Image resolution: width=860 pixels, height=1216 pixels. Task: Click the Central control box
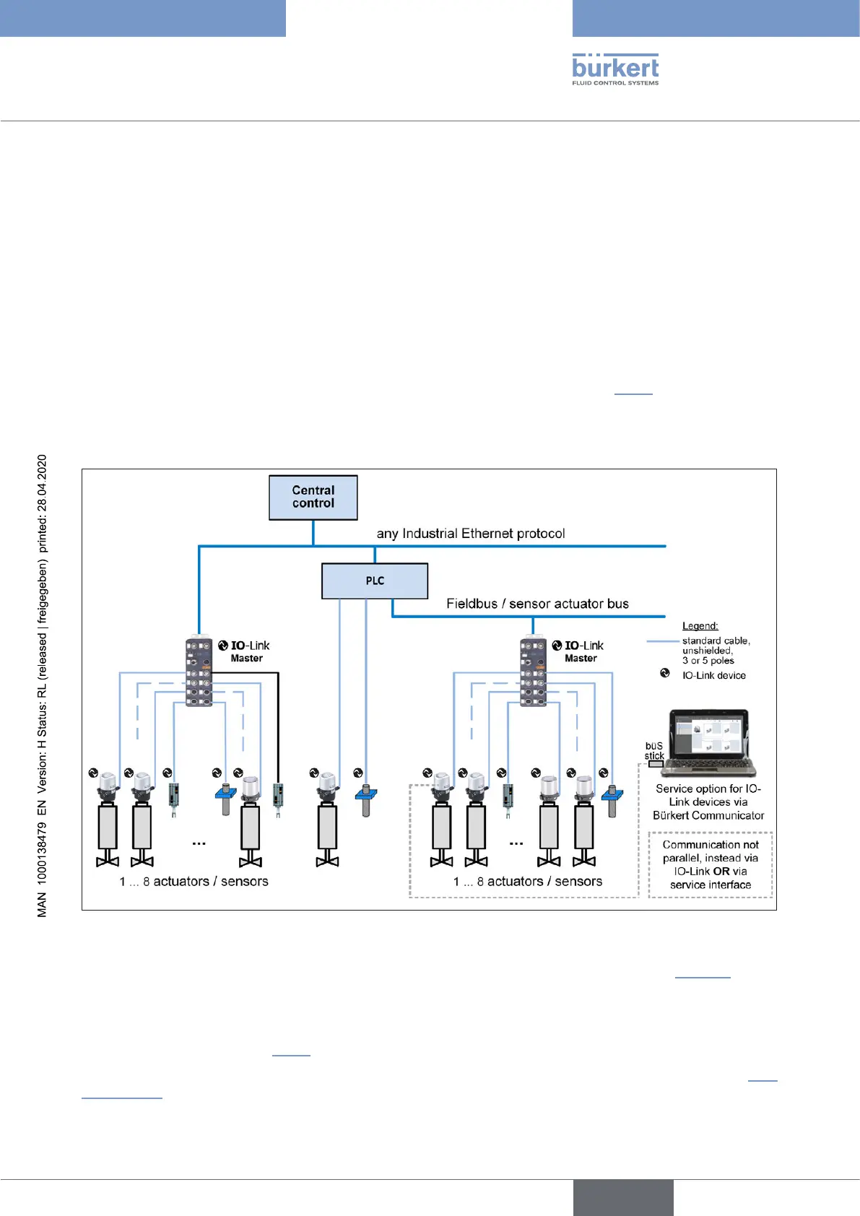coord(313,498)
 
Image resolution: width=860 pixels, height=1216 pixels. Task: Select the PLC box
coord(374,581)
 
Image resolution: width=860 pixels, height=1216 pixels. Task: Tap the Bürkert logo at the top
coord(615,69)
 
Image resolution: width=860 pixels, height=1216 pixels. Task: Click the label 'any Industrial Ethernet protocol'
coord(471,534)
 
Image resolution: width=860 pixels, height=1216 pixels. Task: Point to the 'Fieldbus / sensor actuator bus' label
coord(537,604)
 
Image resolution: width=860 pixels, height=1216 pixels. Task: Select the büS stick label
coord(653,751)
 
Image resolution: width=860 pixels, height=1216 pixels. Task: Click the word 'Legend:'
coord(700,626)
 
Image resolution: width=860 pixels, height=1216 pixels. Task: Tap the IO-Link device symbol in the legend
coord(665,673)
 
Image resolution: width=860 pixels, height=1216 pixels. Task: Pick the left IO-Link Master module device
coord(199,671)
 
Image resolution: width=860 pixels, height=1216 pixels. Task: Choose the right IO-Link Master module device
coord(533,671)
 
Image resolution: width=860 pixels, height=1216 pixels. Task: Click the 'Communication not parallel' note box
coord(711,864)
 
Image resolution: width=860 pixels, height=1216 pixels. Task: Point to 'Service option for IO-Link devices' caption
coord(708,802)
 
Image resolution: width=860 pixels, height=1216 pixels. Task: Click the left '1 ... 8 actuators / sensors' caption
coord(194,882)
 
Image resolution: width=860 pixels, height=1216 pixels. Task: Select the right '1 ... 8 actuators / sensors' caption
coord(528,882)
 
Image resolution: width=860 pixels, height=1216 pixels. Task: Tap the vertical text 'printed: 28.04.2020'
coord(42,504)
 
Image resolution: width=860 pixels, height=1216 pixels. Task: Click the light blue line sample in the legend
coord(663,641)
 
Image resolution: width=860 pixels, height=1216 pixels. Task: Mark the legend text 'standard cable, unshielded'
coord(716,646)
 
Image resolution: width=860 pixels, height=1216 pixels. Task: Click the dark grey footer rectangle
coord(623,1197)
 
